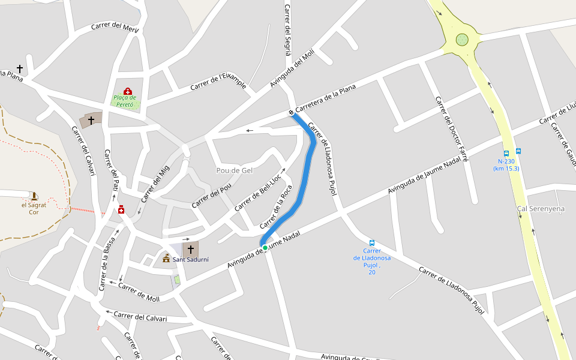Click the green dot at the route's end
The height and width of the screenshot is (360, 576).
265,247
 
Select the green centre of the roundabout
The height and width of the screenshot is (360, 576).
462,40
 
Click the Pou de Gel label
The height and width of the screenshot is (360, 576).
234,170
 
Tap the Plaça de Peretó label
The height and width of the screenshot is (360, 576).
125,101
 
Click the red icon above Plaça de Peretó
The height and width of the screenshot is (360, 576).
127,91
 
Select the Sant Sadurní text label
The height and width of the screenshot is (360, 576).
191,259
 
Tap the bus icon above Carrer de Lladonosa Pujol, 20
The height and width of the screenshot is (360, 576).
372,243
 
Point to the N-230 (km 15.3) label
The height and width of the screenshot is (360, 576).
506,164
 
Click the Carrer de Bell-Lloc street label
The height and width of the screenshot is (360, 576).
258,193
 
